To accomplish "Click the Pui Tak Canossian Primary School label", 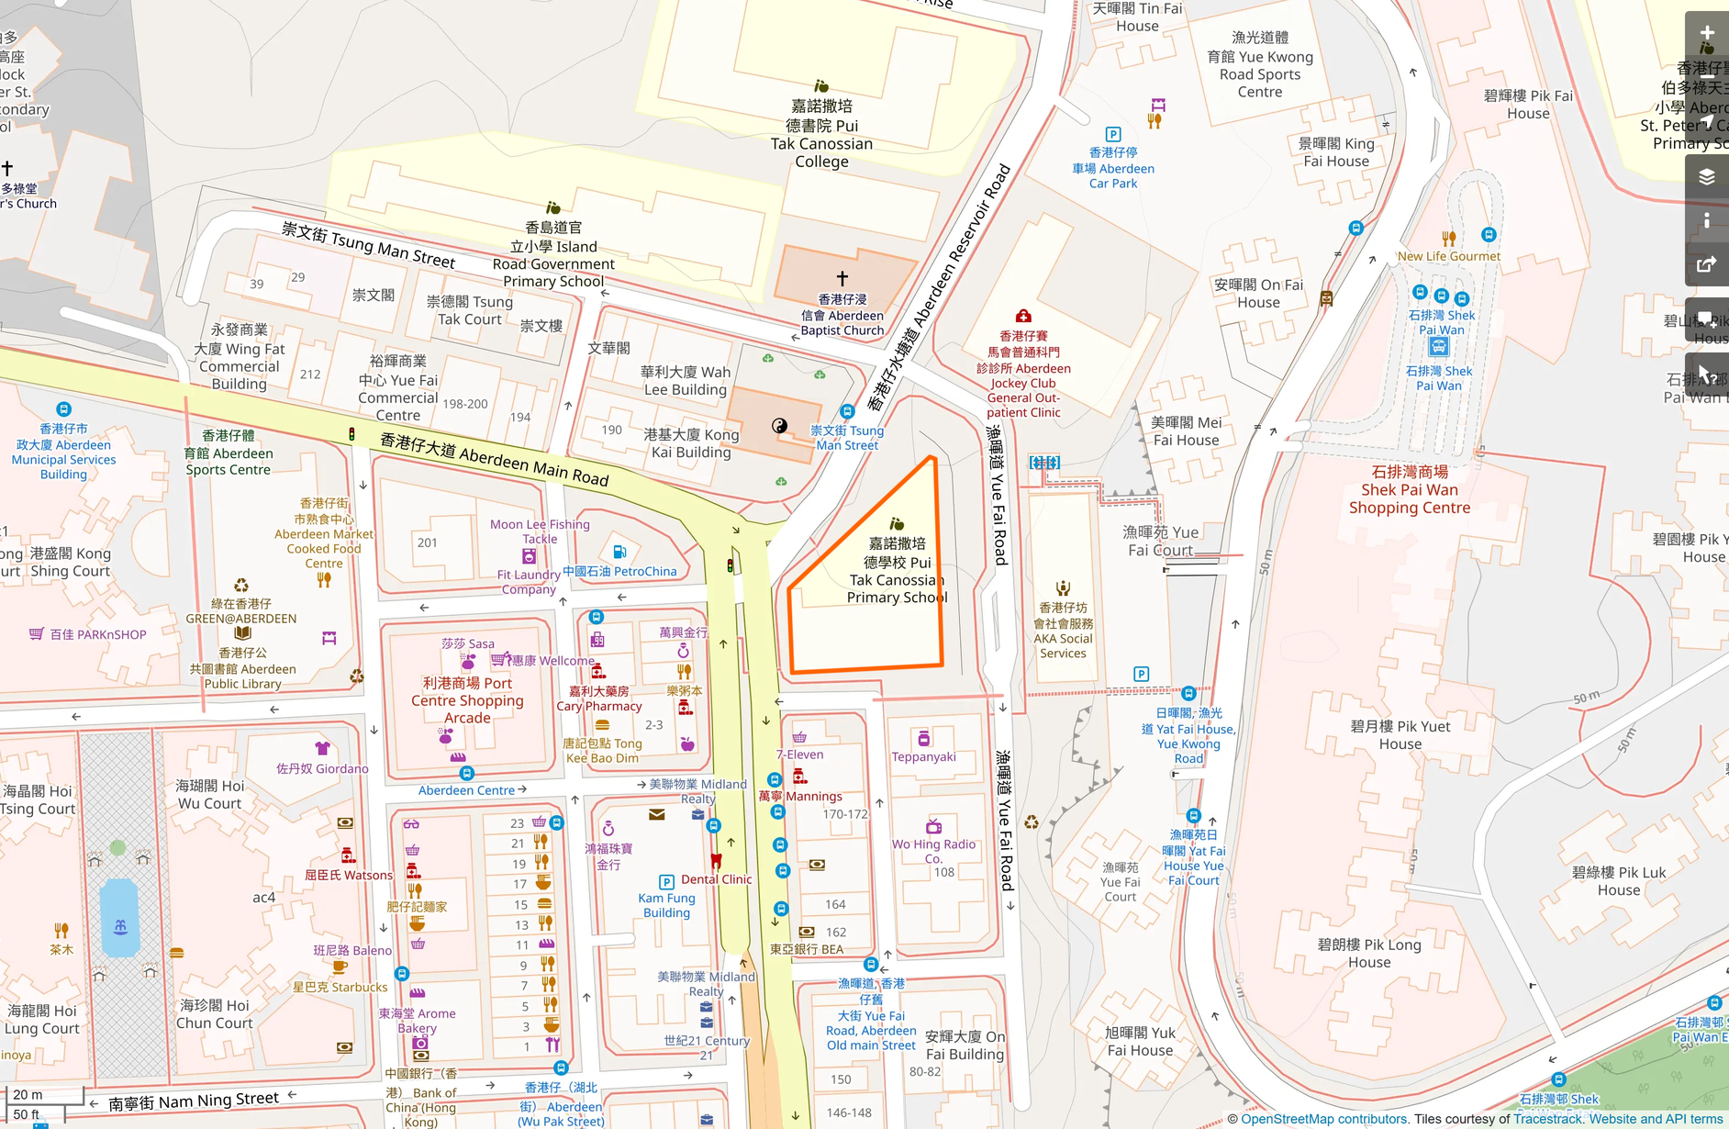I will [x=897, y=571].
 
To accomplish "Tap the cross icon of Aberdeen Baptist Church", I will [x=842, y=277].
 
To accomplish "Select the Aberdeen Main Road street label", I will [x=495, y=459].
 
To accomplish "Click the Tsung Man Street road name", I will [x=368, y=245].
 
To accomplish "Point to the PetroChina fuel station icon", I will [x=619, y=552].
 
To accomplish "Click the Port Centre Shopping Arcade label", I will [x=467, y=700].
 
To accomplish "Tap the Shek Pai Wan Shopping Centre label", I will [x=1409, y=490].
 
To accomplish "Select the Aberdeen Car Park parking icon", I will [x=1113, y=134].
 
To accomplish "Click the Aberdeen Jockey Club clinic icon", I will [x=1023, y=316].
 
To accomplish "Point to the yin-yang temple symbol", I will [x=779, y=425].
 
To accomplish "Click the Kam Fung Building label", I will [x=666, y=905].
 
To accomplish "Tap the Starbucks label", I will [x=340, y=988].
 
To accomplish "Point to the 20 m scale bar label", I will [x=28, y=1094].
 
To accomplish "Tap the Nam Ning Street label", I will [x=193, y=1101].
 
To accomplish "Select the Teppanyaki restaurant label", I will [x=923, y=757].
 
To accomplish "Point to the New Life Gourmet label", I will [x=1448, y=256].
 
